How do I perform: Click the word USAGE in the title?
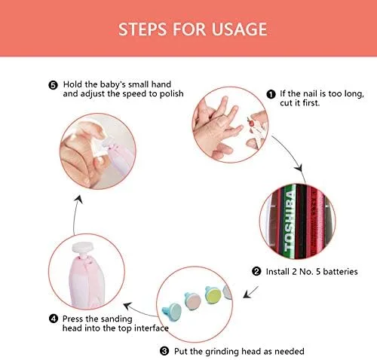[239, 29]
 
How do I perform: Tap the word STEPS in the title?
[143, 29]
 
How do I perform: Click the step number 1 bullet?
[271, 94]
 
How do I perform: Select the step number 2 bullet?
[256, 271]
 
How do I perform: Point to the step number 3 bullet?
[164, 351]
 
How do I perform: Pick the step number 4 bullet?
[54, 319]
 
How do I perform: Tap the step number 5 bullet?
[53, 85]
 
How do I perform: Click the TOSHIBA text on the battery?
[290, 221]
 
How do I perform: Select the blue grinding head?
[171, 310]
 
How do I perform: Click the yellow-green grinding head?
[213, 294]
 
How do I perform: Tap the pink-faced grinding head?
[193, 301]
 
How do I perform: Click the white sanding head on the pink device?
[82, 248]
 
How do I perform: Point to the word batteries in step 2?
[340, 272]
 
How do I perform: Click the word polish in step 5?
[172, 94]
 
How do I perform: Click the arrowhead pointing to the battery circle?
[299, 168]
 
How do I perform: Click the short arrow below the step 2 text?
[250, 292]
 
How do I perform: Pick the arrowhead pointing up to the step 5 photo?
[79, 199]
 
